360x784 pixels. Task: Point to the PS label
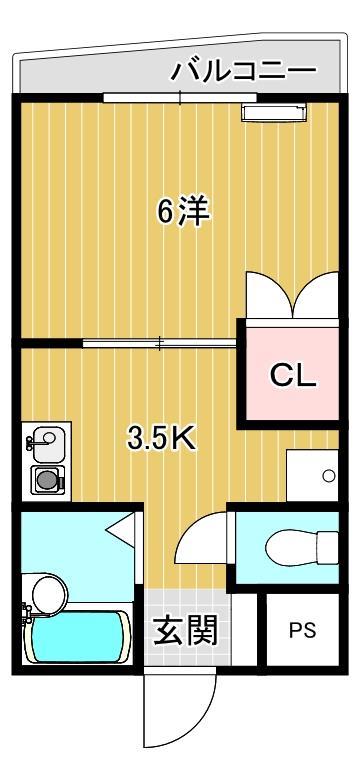point(302,631)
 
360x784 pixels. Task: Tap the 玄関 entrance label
point(185,631)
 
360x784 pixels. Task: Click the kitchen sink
point(45,439)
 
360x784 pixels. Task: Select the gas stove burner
point(45,480)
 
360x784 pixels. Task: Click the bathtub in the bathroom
point(78,637)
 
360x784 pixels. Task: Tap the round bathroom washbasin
point(45,593)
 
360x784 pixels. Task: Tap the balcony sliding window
point(180,98)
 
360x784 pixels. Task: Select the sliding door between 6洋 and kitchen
point(160,343)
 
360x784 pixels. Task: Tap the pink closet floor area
point(293,395)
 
